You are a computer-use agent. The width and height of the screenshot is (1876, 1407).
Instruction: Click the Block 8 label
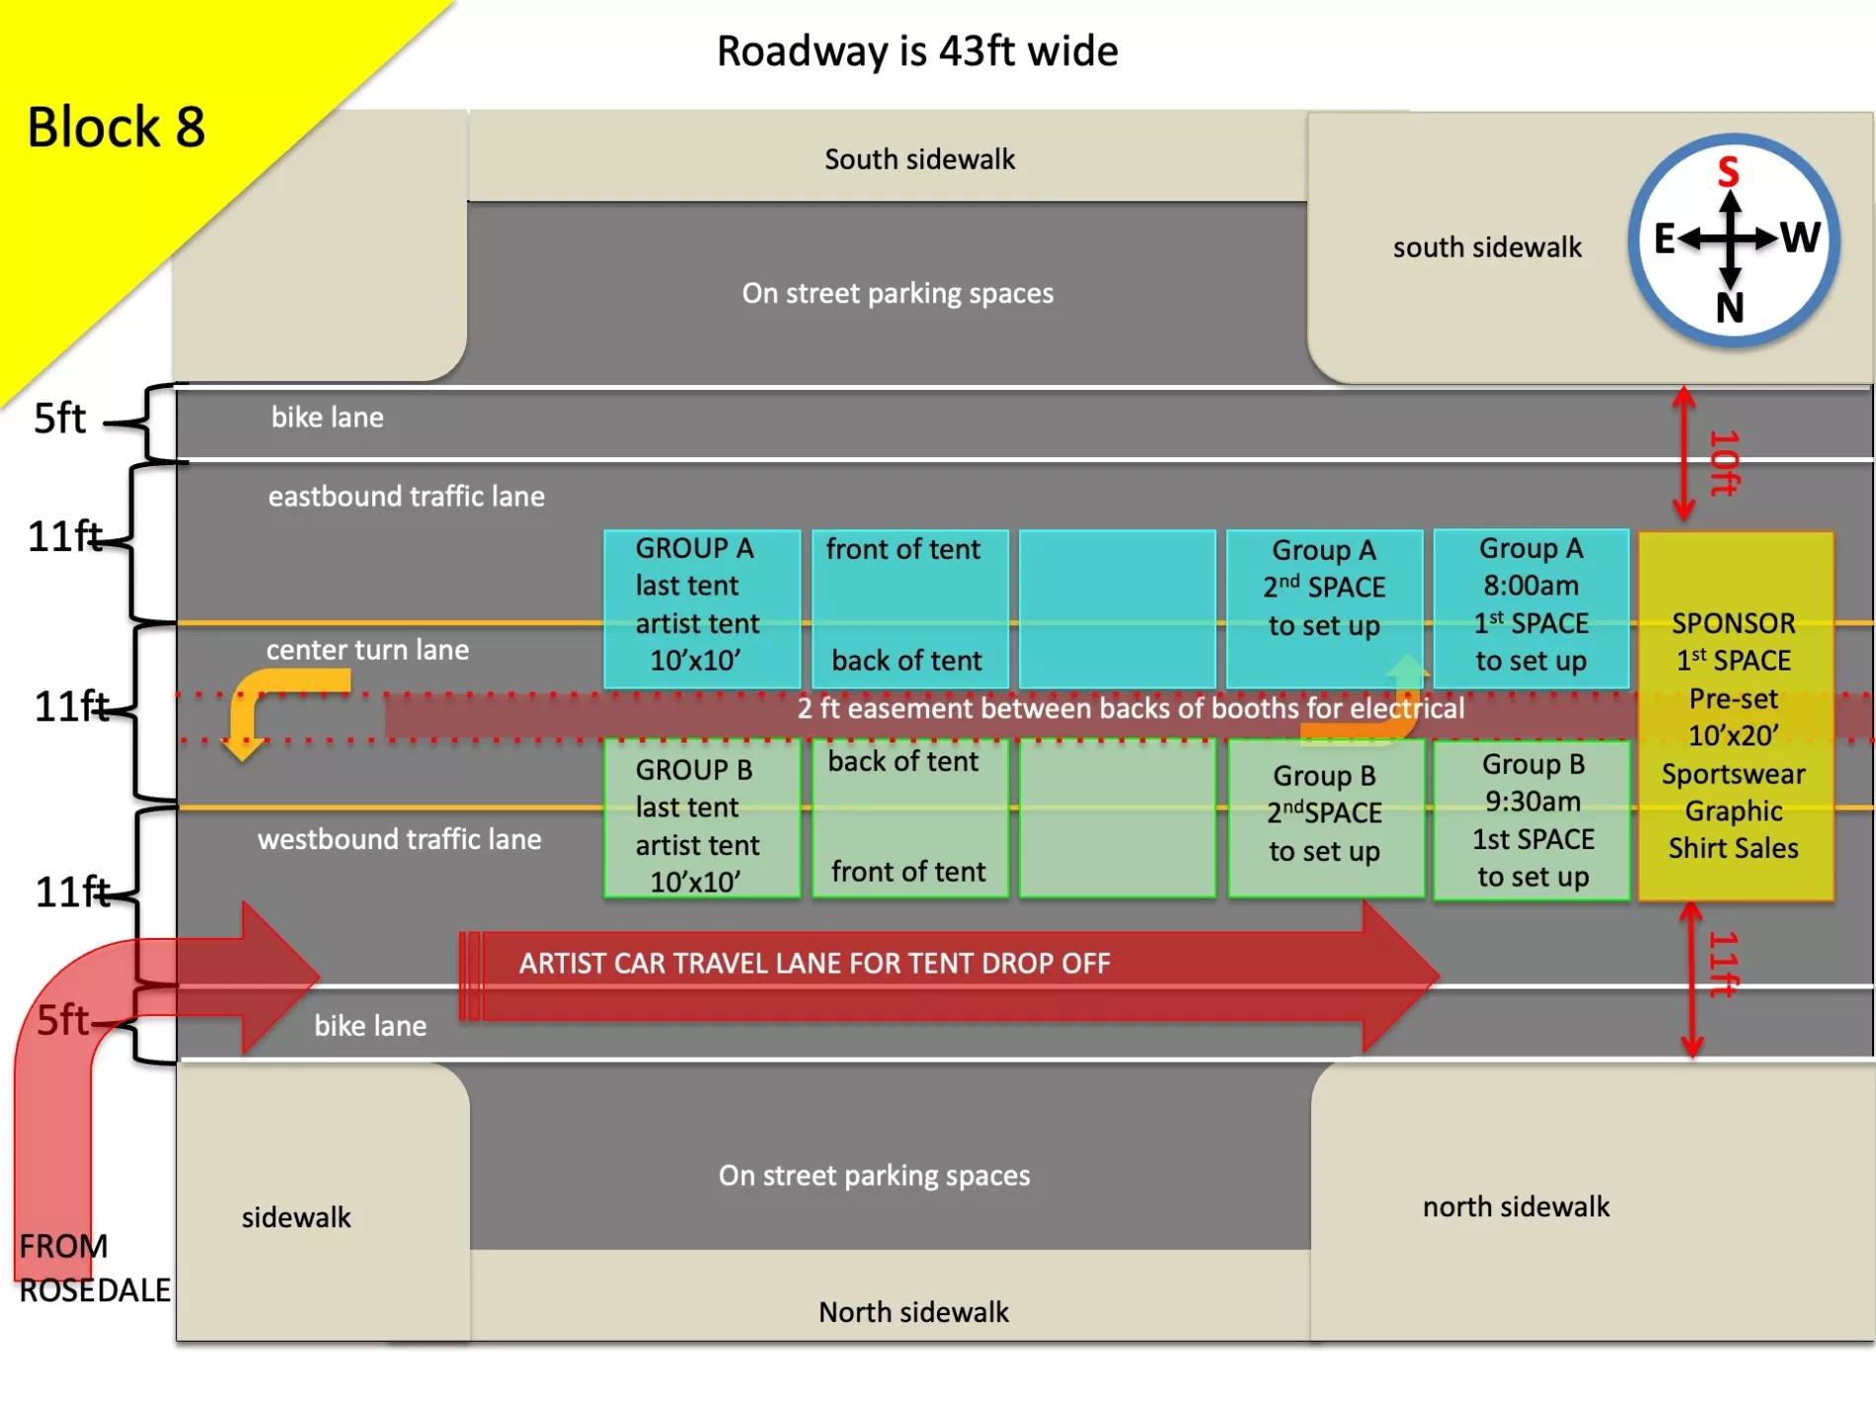pyautogui.click(x=116, y=127)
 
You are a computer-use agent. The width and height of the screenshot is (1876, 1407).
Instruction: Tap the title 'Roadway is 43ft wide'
pyautogui.click(x=917, y=51)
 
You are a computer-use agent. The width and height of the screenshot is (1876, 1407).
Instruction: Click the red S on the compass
pyautogui.click(x=1728, y=172)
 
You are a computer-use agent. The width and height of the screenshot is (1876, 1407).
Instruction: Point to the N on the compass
pyautogui.click(x=1730, y=308)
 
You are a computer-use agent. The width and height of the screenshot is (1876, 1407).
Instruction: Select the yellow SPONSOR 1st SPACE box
pyautogui.click(x=1735, y=717)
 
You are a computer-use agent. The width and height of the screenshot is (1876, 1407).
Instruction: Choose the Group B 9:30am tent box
pyautogui.click(x=1532, y=820)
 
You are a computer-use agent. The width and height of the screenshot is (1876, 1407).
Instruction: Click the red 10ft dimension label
pyautogui.click(x=1724, y=462)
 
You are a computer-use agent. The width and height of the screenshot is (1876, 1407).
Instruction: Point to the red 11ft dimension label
pyautogui.click(x=1724, y=964)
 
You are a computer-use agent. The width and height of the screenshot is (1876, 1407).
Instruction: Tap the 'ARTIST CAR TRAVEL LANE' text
pyautogui.click(x=815, y=964)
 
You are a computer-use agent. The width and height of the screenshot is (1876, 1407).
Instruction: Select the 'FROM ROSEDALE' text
pyautogui.click(x=94, y=1268)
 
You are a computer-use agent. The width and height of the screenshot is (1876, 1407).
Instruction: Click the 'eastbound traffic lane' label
pyautogui.click(x=406, y=496)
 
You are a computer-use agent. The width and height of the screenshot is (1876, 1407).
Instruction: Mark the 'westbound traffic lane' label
pyautogui.click(x=399, y=839)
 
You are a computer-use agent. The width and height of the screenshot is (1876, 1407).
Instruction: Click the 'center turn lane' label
pyautogui.click(x=367, y=650)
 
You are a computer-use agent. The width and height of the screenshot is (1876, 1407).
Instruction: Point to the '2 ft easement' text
pyautogui.click(x=1131, y=708)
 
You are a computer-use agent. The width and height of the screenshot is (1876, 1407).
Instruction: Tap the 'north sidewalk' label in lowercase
pyautogui.click(x=1516, y=1207)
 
